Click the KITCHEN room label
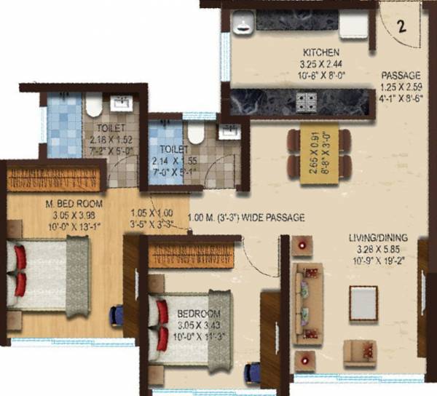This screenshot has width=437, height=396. click(x=320, y=52)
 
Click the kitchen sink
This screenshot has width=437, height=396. click(x=242, y=26)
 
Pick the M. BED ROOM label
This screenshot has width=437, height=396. click(x=53, y=205)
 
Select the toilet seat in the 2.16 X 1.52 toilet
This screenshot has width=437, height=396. click(x=93, y=108)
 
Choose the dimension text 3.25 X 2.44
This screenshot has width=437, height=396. click(x=320, y=63)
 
